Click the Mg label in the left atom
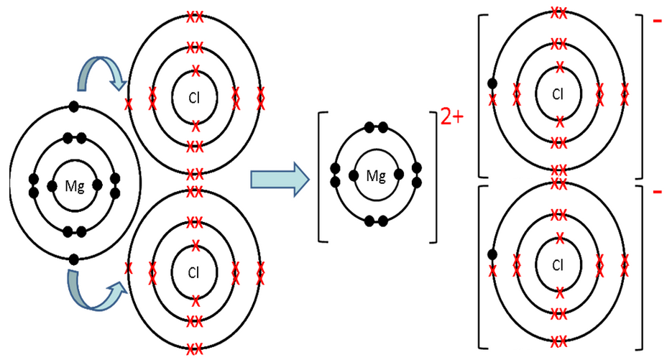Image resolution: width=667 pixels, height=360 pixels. coord(75,187)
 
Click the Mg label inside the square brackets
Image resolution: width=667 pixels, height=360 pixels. coord(376,175)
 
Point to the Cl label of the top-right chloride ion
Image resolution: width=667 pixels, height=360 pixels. coord(558,93)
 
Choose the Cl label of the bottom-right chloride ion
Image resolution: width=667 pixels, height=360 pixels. coord(558,265)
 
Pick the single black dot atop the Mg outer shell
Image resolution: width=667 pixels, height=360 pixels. coord(73,108)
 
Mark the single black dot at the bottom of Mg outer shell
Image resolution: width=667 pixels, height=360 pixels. coord(73,259)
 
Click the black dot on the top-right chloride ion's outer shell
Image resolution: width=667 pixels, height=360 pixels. coord(492,83)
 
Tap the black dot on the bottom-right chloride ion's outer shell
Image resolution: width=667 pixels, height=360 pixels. coord(492,254)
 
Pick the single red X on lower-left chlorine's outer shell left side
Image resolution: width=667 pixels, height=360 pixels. coord(129,269)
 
